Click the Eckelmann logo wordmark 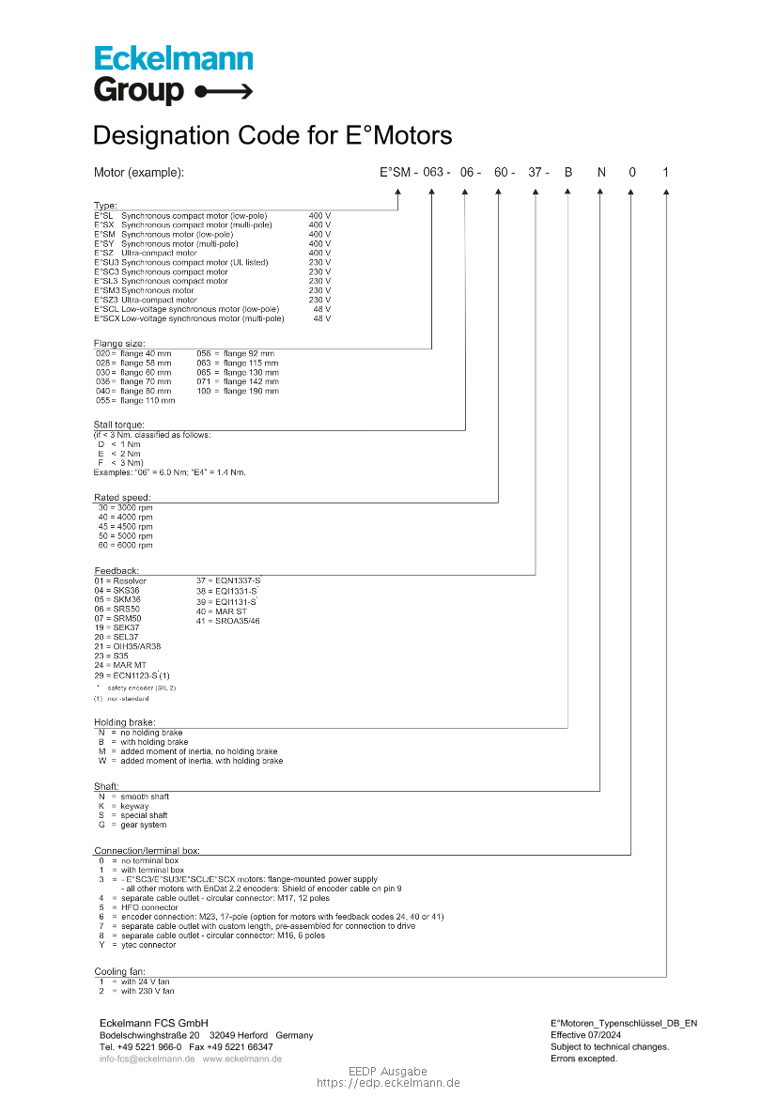tap(174, 59)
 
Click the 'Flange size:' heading tap(119, 344)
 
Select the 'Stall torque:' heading tap(118, 425)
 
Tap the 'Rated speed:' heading tap(122, 498)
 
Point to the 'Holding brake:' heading tap(125, 722)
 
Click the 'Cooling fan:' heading tap(119, 972)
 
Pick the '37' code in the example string tap(536, 173)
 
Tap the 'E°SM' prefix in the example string tap(395, 173)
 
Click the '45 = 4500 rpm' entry tap(125, 527)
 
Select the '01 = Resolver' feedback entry tap(120, 581)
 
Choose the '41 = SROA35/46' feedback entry tap(228, 621)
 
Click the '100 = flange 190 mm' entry tap(238, 391)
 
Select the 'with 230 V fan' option tap(147, 991)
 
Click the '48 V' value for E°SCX tap(321, 318)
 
